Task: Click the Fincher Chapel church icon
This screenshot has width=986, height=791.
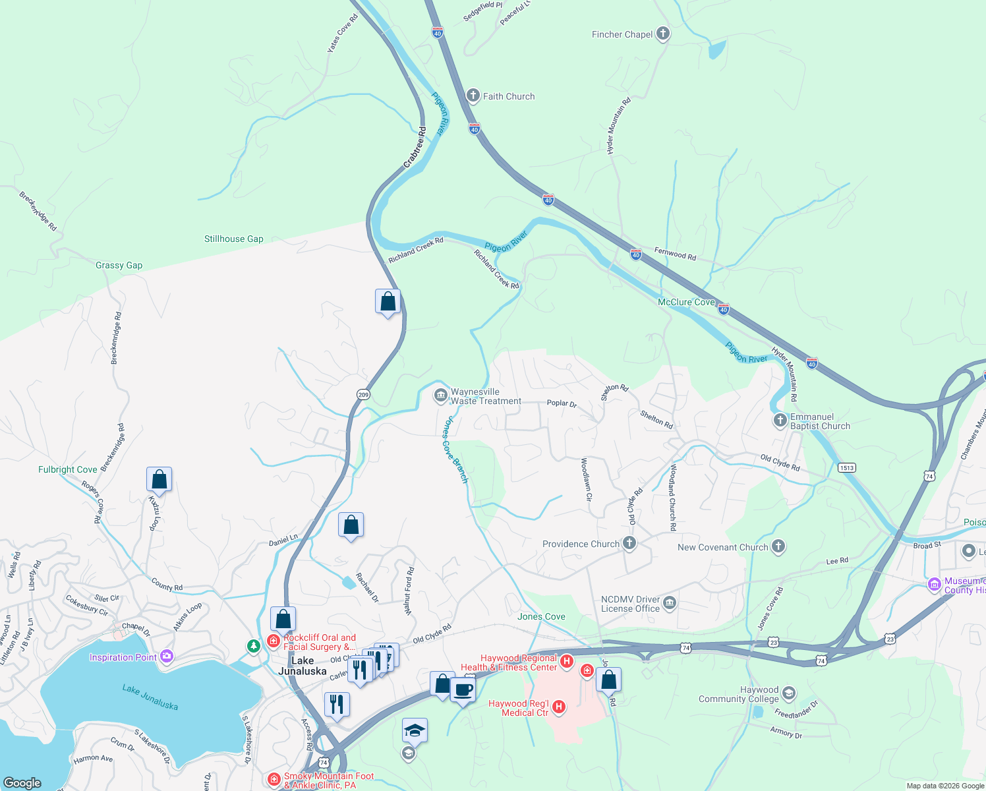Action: point(663,34)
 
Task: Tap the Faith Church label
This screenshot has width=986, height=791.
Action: point(508,96)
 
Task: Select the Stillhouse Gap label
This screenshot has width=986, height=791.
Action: point(233,239)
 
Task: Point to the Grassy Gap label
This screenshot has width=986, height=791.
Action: point(119,266)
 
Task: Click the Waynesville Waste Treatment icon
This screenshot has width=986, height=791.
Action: point(440,395)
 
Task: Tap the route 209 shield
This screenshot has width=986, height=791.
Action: point(363,394)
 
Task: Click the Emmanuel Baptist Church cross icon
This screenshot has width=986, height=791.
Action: point(780,420)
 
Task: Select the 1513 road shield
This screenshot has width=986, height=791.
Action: point(846,468)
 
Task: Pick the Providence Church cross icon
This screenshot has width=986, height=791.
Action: point(629,543)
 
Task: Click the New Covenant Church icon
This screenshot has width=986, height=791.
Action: point(778,546)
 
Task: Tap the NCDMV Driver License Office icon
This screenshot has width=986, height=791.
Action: point(670,602)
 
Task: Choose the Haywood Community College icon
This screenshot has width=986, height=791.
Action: point(789,693)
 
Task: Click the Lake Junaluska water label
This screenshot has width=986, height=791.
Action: point(150,697)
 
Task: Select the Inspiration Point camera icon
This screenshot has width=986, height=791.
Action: point(166,657)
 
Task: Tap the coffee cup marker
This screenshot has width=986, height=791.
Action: point(463,690)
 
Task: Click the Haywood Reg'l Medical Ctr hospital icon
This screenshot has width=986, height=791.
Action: point(559,707)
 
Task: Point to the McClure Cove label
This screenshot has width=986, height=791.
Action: point(686,302)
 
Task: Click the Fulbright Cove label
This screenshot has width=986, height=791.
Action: point(68,470)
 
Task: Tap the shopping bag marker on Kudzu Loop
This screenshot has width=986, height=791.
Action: point(159,479)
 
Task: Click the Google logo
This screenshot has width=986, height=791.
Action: point(22,782)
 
